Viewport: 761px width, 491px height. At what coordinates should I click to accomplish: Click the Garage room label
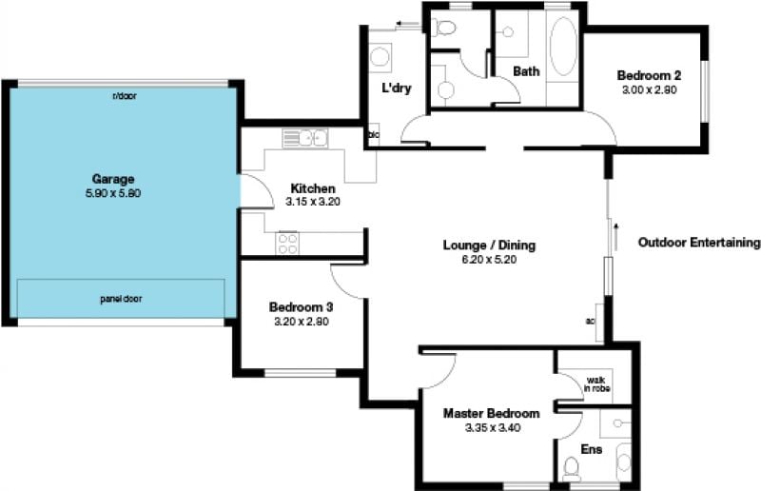coord(113,179)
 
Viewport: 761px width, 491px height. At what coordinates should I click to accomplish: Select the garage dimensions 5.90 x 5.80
coord(113,193)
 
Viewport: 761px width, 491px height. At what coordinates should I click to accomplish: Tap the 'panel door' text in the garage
coord(121,299)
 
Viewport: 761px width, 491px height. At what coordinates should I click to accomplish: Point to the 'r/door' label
coord(125,96)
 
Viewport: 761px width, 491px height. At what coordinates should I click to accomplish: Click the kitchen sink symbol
coord(305,138)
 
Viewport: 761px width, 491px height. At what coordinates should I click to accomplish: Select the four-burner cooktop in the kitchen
coord(287,243)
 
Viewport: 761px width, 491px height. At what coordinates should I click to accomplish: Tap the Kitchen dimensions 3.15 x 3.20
coord(313,202)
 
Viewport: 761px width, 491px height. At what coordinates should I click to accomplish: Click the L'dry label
coord(397,88)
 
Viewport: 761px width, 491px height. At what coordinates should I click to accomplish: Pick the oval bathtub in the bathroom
coord(563,47)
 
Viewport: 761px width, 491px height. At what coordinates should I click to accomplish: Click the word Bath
coord(526,71)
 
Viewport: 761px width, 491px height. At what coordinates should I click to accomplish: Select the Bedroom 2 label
coord(649,75)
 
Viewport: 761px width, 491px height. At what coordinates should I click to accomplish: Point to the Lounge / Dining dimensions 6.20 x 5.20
coord(489,260)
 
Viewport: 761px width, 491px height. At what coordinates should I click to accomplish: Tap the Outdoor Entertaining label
coord(699,243)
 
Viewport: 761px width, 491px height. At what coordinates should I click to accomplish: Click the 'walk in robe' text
coord(596,384)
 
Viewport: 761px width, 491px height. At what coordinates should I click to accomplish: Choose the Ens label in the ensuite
coord(591,449)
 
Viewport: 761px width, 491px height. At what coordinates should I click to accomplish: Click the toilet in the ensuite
coord(572,469)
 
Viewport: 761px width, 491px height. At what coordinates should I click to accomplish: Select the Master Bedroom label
coord(491,413)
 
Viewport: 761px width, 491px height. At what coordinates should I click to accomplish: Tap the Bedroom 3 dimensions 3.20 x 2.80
coord(302,322)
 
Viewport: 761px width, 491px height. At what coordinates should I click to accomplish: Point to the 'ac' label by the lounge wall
coord(590,321)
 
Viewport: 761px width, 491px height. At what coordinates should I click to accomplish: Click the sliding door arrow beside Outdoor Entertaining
coord(615,237)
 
